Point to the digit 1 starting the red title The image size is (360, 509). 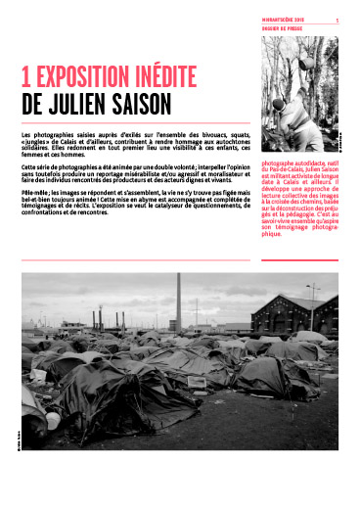[25, 78]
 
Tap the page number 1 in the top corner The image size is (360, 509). [337, 20]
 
